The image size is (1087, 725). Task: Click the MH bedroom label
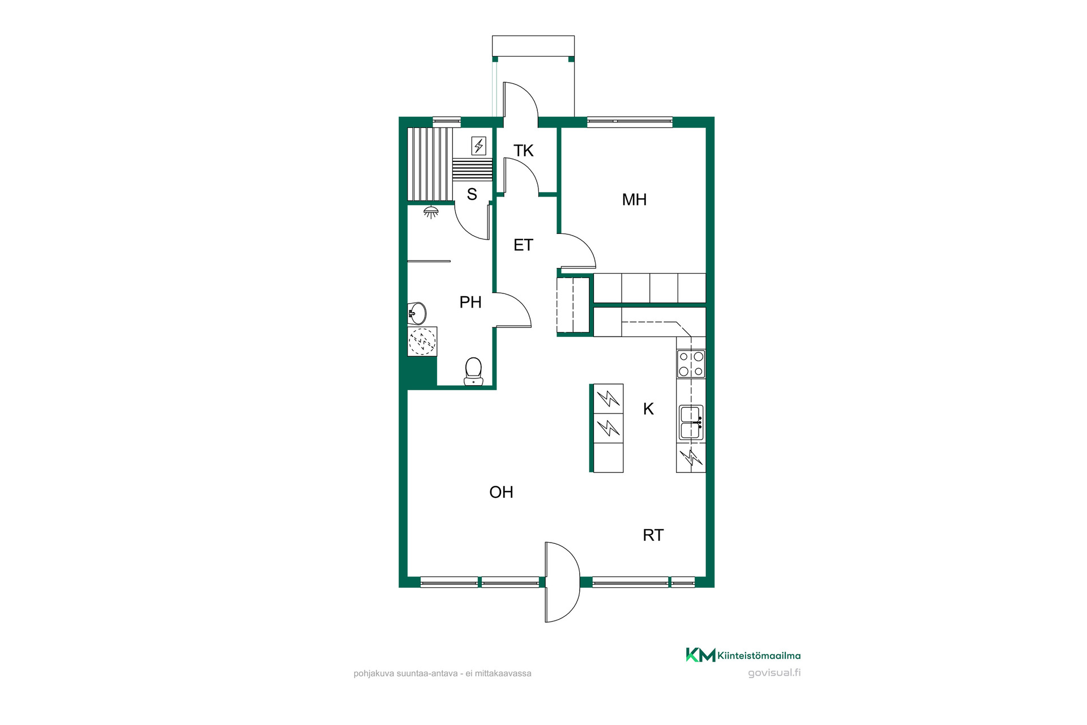[x=634, y=199]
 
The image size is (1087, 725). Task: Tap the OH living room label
[x=501, y=492]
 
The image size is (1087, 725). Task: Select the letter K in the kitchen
[x=648, y=409]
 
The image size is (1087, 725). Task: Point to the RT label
[x=653, y=535]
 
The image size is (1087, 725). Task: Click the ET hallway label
[x=523, y=245]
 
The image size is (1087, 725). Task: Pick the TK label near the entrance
[x=523, y=151]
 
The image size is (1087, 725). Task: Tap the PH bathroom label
[x=470, y=302]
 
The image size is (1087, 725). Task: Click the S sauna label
[x=472, y=194]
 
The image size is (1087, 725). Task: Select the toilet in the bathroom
[x=473, y=372]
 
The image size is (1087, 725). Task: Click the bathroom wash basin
[x=417, y=313]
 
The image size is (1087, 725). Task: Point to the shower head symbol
[x=431, y=212]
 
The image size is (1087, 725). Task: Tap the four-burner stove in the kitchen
[x=691, y=364]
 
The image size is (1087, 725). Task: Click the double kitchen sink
[x=691, y=423]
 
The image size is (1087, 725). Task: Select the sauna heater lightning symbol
[x=479, y=146]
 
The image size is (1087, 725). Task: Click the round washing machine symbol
[x=422, y=341]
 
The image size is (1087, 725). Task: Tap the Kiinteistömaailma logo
[x=743, y=655]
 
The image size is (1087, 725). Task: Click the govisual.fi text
[x=774, y=673]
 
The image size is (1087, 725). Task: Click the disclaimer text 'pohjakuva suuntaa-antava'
[x=405, y=673]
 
